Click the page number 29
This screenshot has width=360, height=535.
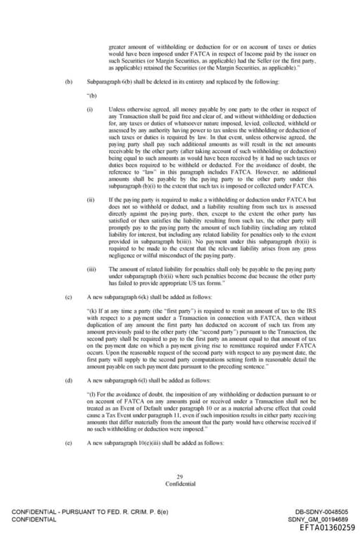180,477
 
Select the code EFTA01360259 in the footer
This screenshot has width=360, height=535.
327,527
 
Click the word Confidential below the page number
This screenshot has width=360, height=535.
180,484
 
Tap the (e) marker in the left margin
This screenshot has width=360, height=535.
68,444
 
